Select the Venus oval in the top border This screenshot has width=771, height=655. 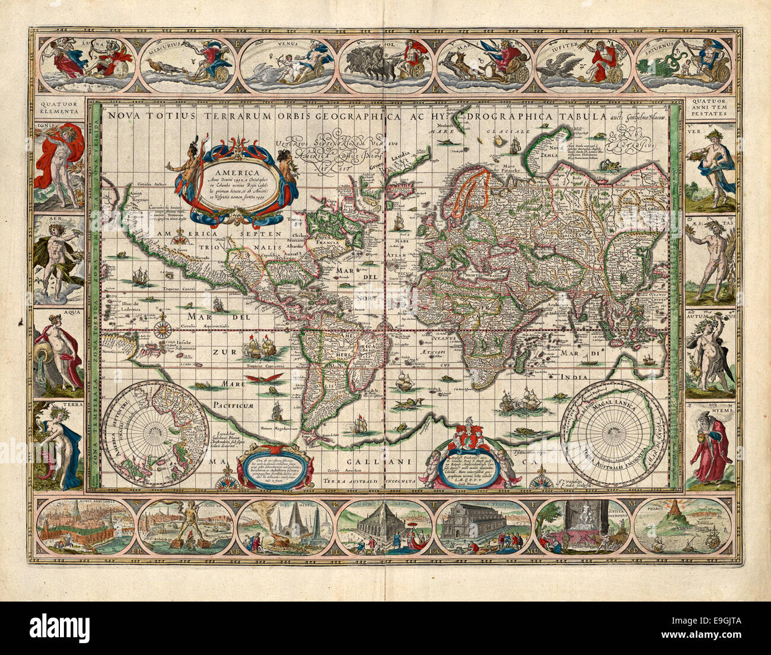[287, 65]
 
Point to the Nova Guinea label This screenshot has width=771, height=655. [116, 352]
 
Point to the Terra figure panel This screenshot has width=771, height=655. [59, 449]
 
